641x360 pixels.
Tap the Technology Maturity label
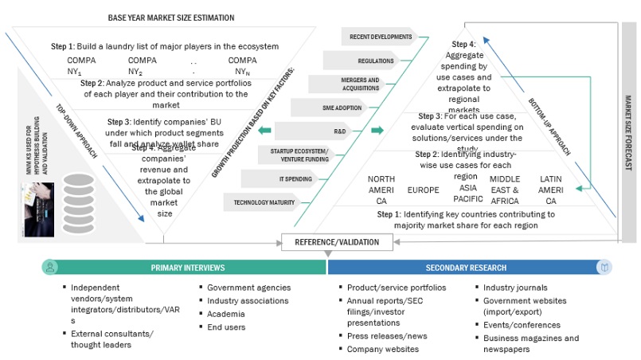pos(264,202)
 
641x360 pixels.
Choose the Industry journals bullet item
pos(515,288)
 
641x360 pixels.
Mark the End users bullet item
pos(227,327)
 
